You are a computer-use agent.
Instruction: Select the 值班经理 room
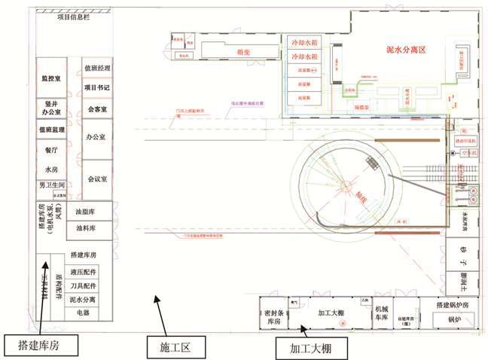pyautogui.click(x=97, y=69)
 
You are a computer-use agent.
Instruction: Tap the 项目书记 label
pyautogui.click(x=97, y=87)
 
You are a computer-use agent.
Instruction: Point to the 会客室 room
pyautogui.click(x=96, y=109)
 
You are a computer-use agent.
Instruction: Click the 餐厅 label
pyautogui.click(x=52, y=149)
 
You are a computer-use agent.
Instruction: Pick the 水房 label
pyautogui.click(x=51, y=169)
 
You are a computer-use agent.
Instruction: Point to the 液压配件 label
pyautogui.click(x=83, y=272)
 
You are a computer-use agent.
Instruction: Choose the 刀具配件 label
pyautogui.click(x=83, y=286)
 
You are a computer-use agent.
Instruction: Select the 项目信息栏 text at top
pyautogui.click(x=73, y=17)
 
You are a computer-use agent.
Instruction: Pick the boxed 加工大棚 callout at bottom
pyautogui.click(x=310, y=349)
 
